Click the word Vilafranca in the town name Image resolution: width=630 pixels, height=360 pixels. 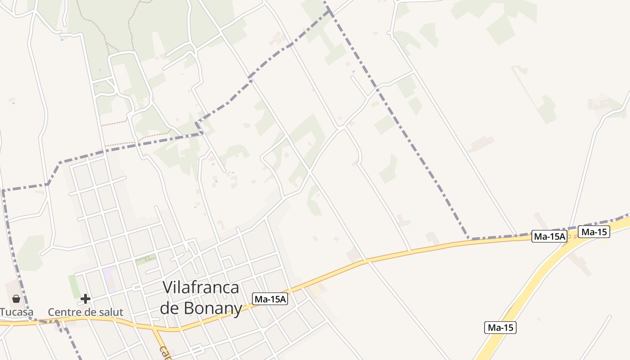[x=201, y=287]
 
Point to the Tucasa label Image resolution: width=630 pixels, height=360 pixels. [x=17, y=312]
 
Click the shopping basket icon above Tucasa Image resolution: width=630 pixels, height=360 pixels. [x=16, y=299]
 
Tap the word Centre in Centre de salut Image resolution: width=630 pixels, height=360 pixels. [x=66, y=312]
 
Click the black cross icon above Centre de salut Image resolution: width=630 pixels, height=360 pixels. [x=85, y=299]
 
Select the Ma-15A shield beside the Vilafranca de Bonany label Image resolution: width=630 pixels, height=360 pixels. [x=270, y=299]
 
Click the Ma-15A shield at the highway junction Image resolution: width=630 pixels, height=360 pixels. [x=549, y=236]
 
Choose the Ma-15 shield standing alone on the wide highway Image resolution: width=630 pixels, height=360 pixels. [x=500, y=328]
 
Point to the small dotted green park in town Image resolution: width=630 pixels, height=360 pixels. [x=146, y=259]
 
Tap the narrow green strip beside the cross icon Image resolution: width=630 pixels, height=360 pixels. [x=72, y=286]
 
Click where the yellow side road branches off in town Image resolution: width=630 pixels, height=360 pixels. [x=154, y=330]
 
